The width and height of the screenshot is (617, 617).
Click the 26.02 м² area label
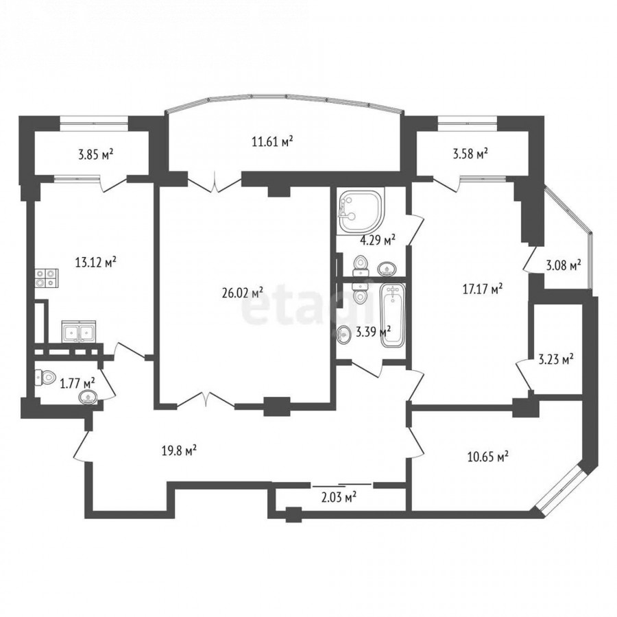point(243,293)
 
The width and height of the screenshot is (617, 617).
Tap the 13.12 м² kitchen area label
point(95,262)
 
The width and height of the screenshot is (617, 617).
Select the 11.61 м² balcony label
point(273,141)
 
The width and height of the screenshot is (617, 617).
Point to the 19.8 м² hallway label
point(180,450)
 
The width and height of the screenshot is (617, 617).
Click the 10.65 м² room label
point(488,457)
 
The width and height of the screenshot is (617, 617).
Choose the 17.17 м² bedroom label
point(483,289)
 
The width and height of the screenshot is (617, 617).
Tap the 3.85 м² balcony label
point(95,154)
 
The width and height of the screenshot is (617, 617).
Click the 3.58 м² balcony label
point(470,154)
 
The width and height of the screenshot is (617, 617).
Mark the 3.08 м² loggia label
point(564,266)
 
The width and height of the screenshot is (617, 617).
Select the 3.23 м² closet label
point(555,359)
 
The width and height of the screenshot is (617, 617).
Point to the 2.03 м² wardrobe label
point(339,498)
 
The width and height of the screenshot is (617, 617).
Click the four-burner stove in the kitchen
point(47,278)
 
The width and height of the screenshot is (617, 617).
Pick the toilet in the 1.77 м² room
point(45,378)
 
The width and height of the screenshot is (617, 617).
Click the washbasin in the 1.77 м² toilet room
point(88,398)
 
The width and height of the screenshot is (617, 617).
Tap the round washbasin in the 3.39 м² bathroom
point(344,335)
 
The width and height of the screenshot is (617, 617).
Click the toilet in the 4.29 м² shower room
point(361,266)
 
